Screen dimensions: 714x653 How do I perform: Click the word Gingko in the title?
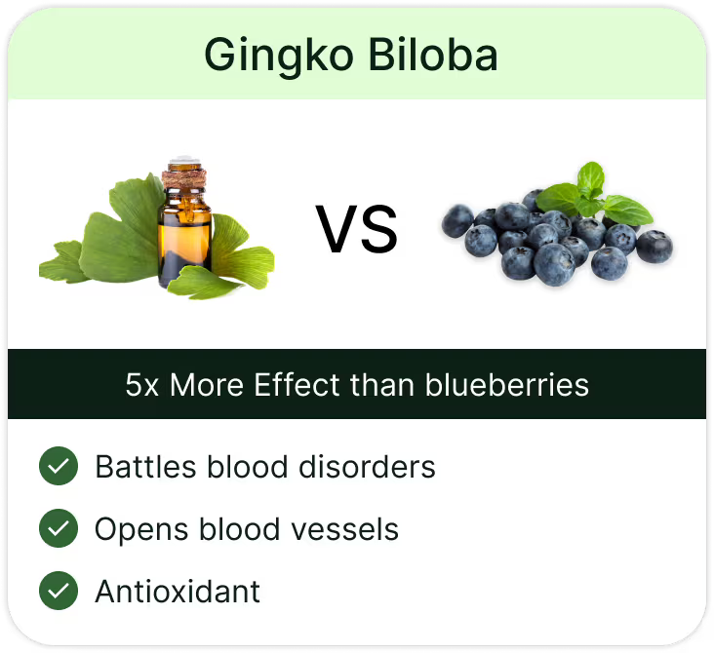pos(279,57)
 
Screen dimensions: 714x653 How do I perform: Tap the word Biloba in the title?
pos(433,55)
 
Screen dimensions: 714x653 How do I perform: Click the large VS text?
pos(357,229)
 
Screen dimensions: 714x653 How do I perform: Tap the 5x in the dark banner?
pos(141,385)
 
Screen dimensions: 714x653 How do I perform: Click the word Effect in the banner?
pos(297,385)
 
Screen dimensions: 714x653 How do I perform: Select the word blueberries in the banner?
pos(507,385)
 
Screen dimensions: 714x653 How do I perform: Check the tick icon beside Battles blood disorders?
pos(59,466)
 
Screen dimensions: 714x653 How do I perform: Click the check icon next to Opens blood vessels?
pos(59,528)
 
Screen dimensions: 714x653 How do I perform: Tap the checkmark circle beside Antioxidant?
pos(59,591)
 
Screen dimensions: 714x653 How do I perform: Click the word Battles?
pos(145,467)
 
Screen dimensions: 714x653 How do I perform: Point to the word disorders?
pos(367,467)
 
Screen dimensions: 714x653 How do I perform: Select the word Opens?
pos(141,529)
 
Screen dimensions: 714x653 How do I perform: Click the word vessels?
pos(344,529)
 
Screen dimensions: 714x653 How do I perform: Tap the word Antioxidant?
pos(178,592)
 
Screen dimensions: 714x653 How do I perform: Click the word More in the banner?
pos(206,385)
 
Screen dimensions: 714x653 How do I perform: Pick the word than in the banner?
pos(382,385)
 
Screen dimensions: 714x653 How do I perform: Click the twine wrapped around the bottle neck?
pos(184,178)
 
